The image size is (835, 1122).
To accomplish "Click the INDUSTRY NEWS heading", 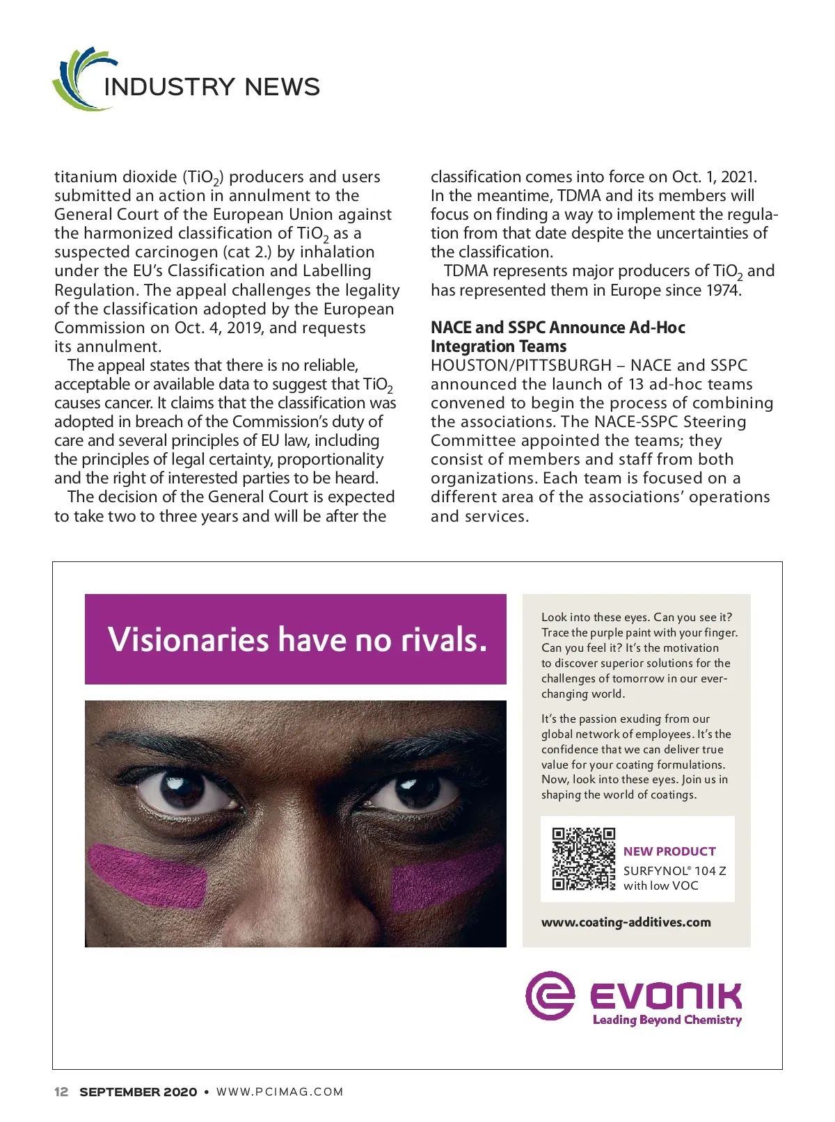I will point(212,87).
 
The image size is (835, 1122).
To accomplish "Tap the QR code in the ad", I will point(583,858).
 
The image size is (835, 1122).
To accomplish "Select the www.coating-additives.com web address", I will point(626,922).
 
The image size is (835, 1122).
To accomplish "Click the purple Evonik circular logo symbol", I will point(550,995).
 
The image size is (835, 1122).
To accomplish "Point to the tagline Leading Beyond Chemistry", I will point(667,1020).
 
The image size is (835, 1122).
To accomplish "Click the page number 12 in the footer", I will point(61,1091).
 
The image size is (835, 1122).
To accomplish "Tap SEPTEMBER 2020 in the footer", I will point(138,1091).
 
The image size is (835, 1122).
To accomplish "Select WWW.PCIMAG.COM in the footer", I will point(280,1091).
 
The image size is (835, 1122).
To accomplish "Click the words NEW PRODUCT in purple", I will point(669,851).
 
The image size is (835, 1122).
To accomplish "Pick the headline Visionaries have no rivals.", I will point(296,639).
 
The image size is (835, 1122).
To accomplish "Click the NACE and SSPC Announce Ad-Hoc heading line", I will point(557,328).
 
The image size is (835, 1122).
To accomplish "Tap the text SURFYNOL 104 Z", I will point(674,871).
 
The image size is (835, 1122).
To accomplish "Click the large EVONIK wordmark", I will point(665,995).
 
